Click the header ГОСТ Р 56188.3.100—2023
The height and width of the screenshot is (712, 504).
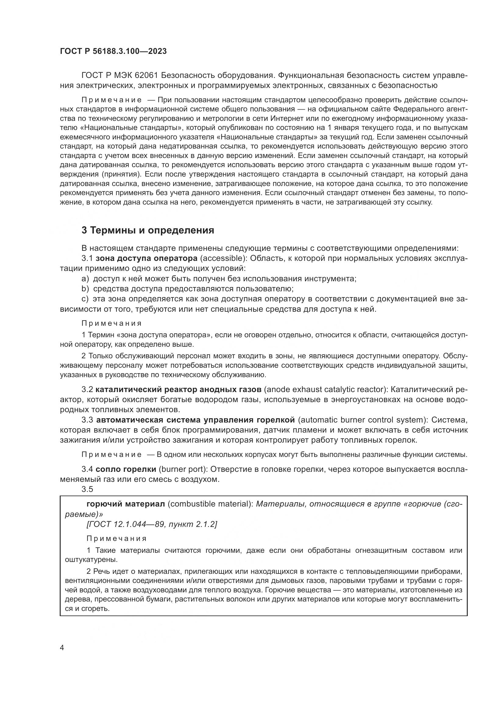click(113, 51)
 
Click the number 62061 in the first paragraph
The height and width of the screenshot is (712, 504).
click(147, 75)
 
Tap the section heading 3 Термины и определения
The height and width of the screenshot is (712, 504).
click(148, 230)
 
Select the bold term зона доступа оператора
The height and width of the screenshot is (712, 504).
click(147, 258)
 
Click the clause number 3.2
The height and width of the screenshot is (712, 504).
click(87, 390)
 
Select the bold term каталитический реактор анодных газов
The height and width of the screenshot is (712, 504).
click(179, 390)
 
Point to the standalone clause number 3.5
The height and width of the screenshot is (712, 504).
click(87, 489)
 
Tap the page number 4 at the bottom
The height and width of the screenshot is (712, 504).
click(62, 648)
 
